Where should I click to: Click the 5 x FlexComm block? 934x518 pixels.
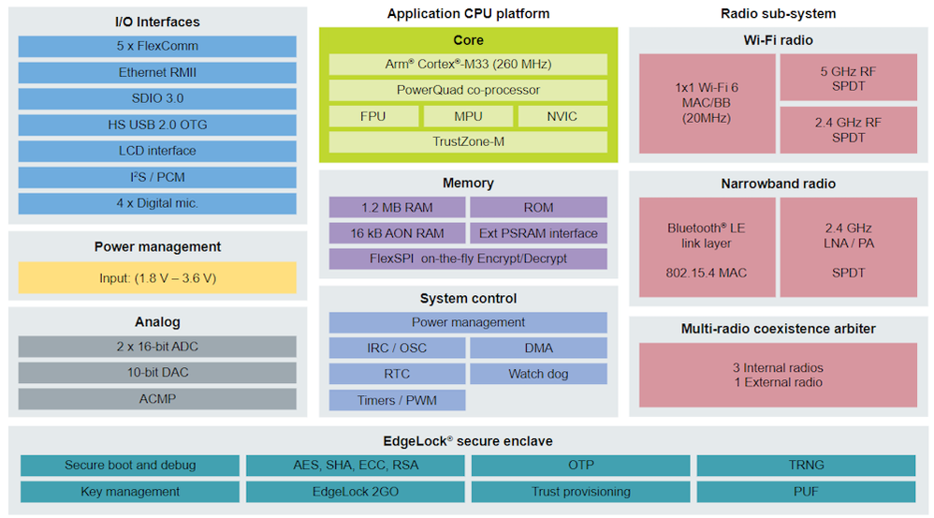point(157,46)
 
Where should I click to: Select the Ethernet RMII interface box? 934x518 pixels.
point(157,72)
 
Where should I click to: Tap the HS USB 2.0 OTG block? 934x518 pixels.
point(157,125)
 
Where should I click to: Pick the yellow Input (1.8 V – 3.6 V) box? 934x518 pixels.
point(157,277)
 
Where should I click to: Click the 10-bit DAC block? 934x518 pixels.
point(157,373)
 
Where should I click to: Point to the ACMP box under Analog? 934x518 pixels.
point(157,399)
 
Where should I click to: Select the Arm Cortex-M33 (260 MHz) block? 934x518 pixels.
point(468,65)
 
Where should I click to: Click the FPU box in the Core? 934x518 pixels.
point(372,116)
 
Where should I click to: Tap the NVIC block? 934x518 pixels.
point(562,116)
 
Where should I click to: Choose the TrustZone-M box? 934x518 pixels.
point(468,141)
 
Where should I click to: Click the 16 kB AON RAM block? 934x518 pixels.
point(396,233)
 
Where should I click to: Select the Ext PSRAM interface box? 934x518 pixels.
point(538,233)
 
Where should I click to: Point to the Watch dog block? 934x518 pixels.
point(538,374)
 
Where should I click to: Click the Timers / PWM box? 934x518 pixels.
point(397,400)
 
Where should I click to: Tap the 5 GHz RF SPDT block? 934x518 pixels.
point(848,78)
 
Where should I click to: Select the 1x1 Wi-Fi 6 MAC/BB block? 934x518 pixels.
point(707,103)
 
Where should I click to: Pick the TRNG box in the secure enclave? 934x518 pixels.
point(806,465)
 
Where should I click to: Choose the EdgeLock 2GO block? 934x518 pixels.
point(356,492)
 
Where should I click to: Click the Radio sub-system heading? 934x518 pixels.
point(778,13)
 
